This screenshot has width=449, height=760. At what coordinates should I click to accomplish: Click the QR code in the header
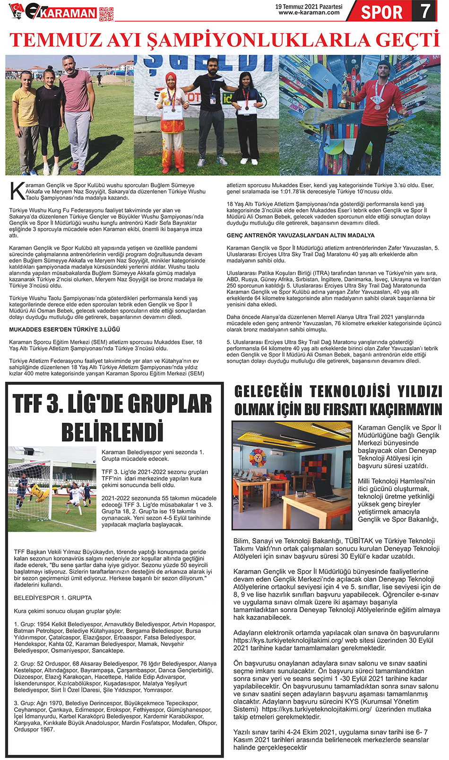[x=106, y=14]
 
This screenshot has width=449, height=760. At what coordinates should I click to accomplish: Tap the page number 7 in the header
[x=426, y=11]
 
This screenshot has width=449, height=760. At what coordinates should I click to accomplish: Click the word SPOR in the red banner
[x=381, y=12]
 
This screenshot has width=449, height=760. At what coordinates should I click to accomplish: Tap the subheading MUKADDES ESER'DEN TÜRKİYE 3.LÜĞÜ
[x=65, y=329]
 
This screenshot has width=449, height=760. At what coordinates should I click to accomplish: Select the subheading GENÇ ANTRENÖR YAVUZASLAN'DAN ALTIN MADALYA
[x=301, y=235]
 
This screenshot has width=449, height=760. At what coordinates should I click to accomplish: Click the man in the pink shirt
[x=76, y=113]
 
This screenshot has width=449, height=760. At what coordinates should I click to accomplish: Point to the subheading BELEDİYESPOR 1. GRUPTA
[x=53, y=598]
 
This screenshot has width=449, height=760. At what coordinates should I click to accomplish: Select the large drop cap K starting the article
[x=17, y=191]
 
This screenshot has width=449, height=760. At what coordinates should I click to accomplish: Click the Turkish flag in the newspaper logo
[x=17, y=8]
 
